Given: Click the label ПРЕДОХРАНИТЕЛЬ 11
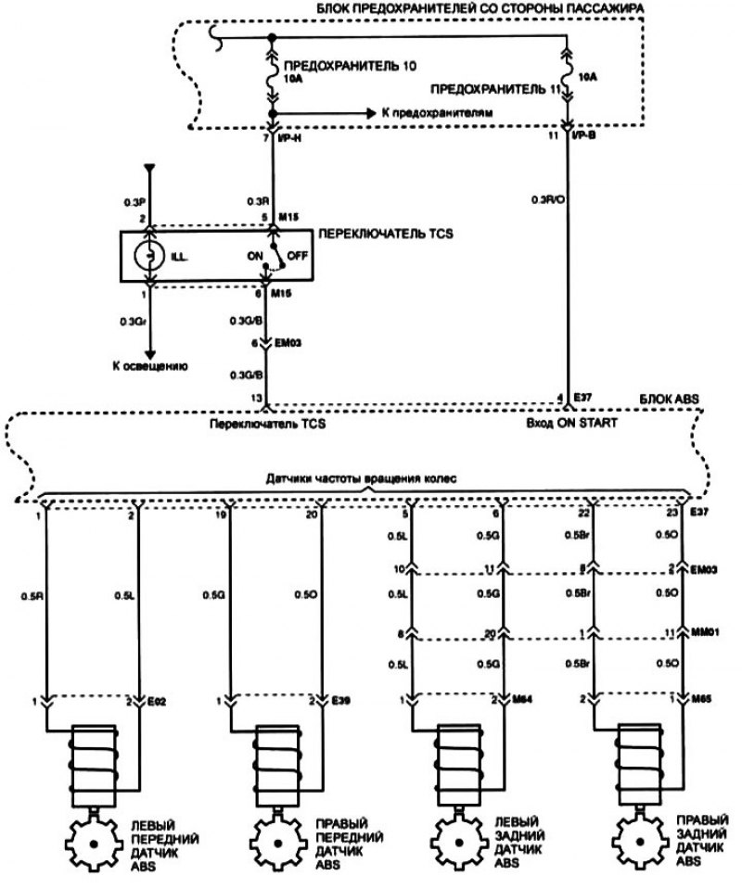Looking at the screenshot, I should coord(495,91).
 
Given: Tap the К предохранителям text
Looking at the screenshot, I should coord(436,111).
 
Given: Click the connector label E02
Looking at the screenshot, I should coord(158,701).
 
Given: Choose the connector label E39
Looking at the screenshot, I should coord(340,701).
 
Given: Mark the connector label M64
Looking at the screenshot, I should coord(524,701).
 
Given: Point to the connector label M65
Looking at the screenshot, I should coord(706,701).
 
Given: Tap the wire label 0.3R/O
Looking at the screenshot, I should coord(546,199).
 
